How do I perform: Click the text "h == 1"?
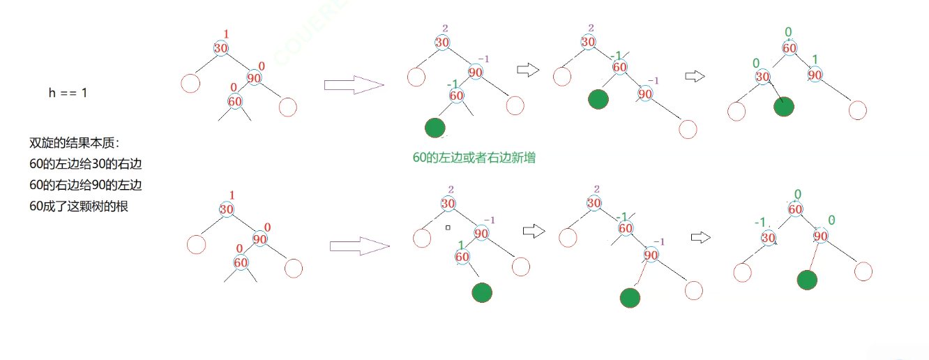coord(68,92)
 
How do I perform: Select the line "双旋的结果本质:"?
coord(75,143)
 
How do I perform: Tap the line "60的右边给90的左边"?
coord(86,186)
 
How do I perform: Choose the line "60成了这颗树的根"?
coord(79,207)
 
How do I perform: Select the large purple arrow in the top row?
coord(354,85)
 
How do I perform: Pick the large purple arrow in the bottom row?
coord(358,246)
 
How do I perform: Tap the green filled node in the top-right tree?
coord(784,107)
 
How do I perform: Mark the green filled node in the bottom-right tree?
coord(808,280)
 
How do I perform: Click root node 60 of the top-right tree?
coord(790,48)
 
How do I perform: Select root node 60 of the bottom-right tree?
coord(795,209)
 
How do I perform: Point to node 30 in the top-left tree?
coord(221,48)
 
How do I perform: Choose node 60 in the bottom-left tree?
coord(241,263)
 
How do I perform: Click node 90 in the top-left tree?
coord(254,78)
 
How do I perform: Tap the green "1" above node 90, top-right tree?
coord(815,59)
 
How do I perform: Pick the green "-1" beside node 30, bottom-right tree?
coord(761,223)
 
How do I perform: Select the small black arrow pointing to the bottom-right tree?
coord(700,237)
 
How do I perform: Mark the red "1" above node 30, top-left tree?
coord(226,34)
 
